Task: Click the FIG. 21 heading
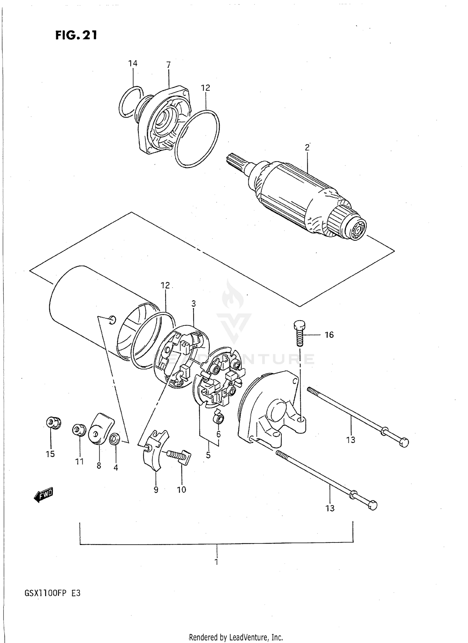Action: [76, 35]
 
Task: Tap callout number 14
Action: [133, 63]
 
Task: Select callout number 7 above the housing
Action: [168, 65]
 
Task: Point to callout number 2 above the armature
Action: [307, 147]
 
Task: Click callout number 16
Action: [329, 335]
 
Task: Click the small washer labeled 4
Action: [115, 439]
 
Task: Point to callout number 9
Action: [156, 490]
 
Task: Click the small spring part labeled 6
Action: [219, 418]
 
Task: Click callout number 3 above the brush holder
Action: [193, 303]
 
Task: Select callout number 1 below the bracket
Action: [216, 562]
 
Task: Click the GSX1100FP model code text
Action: [52, 593]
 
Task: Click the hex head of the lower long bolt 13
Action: [373, 505]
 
